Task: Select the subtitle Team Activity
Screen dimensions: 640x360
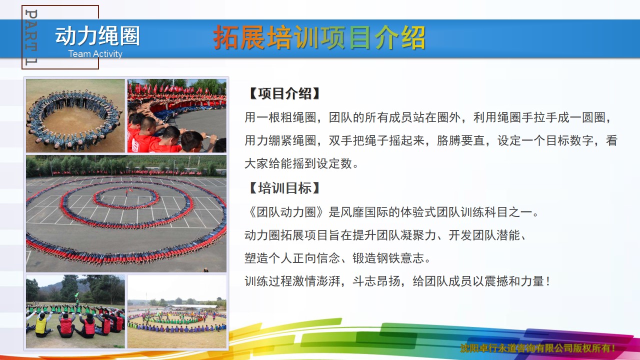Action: point(95,53)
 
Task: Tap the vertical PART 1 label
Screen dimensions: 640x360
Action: point(31,37)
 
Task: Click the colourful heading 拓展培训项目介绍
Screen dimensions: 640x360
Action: point(319,37)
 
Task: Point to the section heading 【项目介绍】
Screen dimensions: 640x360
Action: point(284,93)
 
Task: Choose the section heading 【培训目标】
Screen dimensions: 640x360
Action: point(284,188)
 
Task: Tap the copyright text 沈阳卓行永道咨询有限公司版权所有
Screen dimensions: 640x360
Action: point(537,348)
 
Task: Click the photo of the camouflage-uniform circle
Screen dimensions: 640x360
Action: point(75,115)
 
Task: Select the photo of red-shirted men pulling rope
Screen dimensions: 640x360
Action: point(177,115)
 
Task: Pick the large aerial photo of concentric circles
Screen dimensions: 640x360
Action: point(126,213)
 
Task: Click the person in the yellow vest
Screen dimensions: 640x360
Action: point(41,325)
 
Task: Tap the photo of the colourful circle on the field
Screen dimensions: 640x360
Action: point(177,311)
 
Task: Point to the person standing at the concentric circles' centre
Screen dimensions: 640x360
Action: point(126,193)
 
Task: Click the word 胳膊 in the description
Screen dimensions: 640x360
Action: point(449,140)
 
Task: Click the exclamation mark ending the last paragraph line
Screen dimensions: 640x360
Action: point(547,281)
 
